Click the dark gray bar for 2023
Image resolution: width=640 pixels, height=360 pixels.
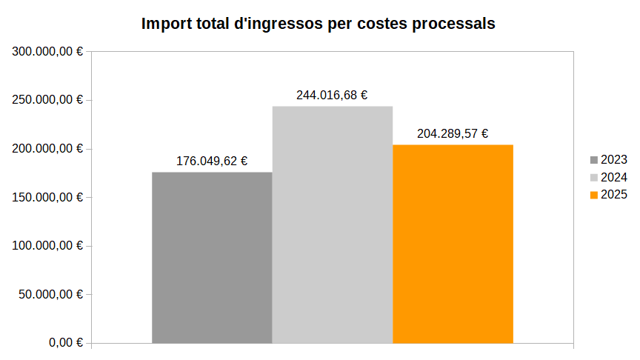click(212, 258)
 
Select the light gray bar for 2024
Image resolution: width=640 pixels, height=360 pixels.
click(333, 225)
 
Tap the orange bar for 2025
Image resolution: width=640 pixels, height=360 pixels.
click(453, 244)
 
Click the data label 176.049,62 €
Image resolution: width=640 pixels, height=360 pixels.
click(212, 161)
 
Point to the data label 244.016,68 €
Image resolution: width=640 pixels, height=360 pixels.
click(333, 95)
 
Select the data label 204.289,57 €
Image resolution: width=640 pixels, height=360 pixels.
click(453, 133)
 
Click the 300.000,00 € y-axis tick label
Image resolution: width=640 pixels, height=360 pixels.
click(47, 52)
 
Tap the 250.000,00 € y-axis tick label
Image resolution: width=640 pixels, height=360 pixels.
click(47, 100)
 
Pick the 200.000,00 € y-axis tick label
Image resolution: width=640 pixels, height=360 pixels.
click(47, 149)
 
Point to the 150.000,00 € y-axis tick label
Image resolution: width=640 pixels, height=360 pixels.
click(47, 198)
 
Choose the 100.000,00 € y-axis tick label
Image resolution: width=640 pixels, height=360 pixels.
click(47, 246)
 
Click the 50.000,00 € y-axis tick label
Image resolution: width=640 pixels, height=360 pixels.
click(50, 295)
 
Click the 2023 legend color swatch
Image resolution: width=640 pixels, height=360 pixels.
click(594, 160)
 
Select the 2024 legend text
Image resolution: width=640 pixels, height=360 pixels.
click(614, 177)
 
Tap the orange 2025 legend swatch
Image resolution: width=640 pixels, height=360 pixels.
click(594, 195)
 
